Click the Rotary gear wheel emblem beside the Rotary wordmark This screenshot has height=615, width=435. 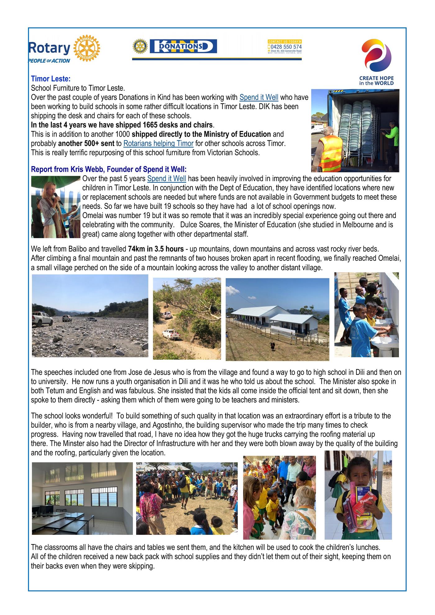87,48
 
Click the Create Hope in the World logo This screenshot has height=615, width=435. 376,62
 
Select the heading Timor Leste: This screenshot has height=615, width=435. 51,79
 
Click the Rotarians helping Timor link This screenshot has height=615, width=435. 158,143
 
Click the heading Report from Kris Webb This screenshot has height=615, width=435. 109,170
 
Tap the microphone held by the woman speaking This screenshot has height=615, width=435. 58,198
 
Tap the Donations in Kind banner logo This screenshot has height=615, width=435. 183,46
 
